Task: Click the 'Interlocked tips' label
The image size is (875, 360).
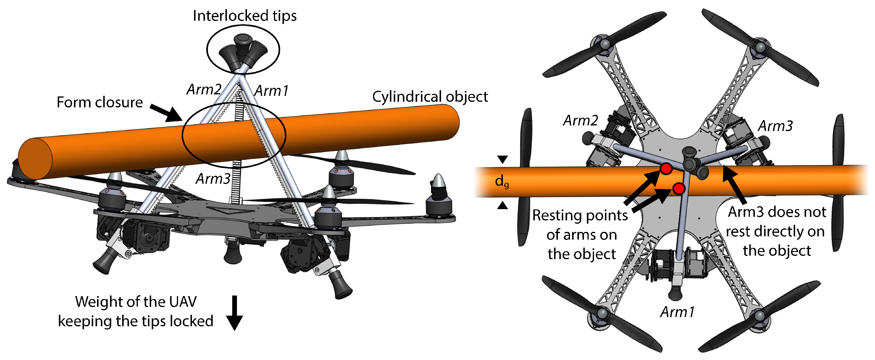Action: [x=245, y=16]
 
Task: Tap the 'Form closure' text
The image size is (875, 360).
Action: [x=99, y=102]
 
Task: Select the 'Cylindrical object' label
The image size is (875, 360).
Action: [x=430, y=96]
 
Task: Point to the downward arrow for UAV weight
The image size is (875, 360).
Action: [x=234, y=312]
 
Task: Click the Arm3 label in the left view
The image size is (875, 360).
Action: [x=213, y=179]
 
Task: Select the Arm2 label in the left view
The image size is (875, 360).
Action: [x=204, y=89]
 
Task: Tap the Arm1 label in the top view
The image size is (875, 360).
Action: [x=677, y=312]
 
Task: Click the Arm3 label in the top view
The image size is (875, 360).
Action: [x=775, y=126]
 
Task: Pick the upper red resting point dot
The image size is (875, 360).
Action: [x=666, y=168]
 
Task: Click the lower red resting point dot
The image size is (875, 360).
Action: [x=678, y=188]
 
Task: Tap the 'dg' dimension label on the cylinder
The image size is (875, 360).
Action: [x=501, y=181]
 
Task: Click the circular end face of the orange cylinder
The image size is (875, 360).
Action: [x=35, y=159]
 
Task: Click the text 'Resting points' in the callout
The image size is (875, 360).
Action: [x=579, y=215]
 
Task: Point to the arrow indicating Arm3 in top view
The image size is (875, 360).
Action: [x=734, y=183]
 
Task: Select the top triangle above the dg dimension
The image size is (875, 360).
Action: [x=502, y=159]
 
